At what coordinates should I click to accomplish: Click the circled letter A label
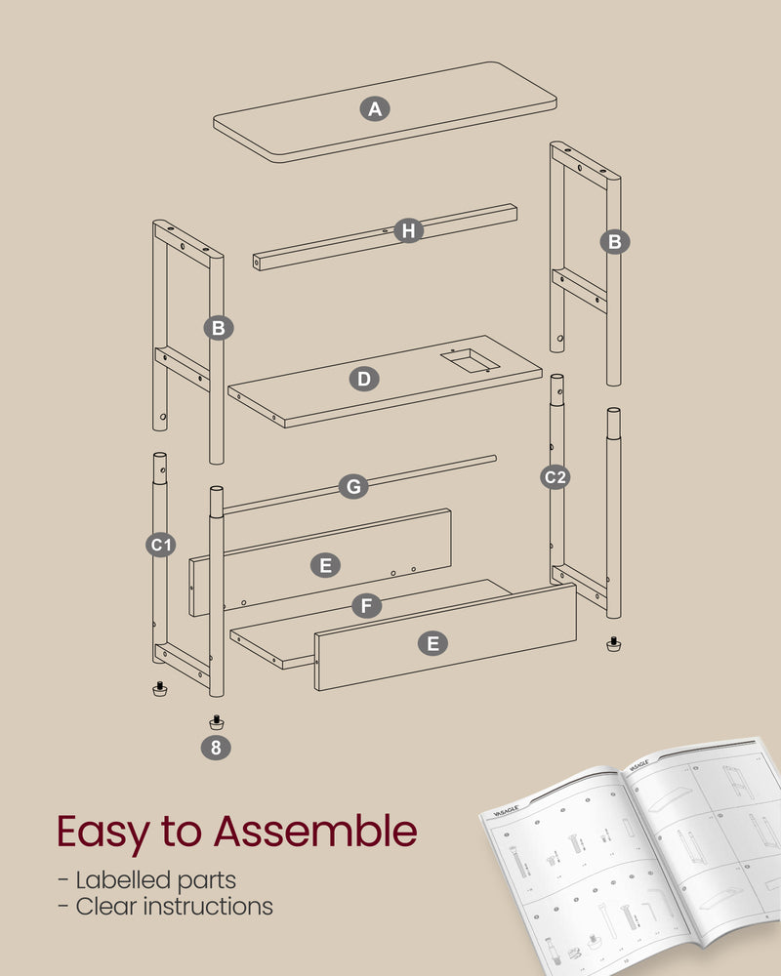tap(374, 109)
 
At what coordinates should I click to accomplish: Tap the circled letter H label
tap(408, 231)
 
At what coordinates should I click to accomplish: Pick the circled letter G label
tap(353, 486)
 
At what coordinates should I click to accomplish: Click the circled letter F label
tap(365, 606)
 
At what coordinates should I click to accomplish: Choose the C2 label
tap(556, 477)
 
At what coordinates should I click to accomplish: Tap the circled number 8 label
tap(217, 748)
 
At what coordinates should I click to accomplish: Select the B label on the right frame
tap(615, 242)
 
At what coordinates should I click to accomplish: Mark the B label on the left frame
tap(218, 328)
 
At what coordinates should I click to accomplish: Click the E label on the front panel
tap(432, 642)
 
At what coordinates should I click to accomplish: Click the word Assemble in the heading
tap(315, 832)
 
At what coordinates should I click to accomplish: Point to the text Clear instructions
tap(165, 907)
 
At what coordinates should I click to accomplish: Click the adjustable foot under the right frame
tap(613, 644)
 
